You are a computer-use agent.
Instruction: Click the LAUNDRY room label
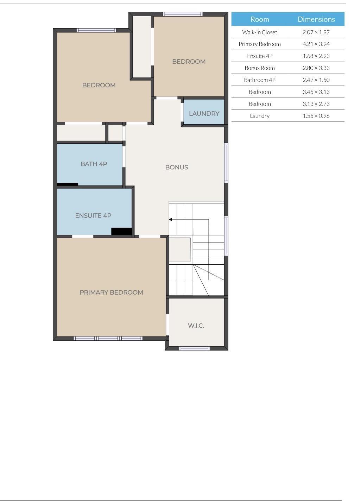click(x=204, y=113)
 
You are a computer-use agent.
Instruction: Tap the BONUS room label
click(x=176, y=167)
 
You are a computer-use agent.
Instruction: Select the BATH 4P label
click(x=94, y=164)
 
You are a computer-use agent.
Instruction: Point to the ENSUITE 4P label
click(x=93, y=215)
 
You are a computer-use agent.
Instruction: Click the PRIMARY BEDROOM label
click(x=111, y=292)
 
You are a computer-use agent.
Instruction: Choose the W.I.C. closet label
click(x=196, y=326)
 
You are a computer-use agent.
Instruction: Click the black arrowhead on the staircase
click(x=170, y=220)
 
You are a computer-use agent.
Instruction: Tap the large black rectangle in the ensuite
click(x=121, y=231)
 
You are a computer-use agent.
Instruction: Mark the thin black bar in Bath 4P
click(x=68, y=184)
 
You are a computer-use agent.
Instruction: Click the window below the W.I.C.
click(x=194, y=348)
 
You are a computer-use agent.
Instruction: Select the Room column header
click(x=259, y=19)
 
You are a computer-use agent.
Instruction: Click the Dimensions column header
click(x=316, y=19)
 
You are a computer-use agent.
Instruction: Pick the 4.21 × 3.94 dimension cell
click(x=316, y=44)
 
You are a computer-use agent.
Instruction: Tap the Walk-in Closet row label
click(x=259, y=32)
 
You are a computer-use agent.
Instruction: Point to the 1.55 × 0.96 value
click(x=316, y=116)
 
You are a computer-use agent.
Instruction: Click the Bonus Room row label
click(x=259, y=68)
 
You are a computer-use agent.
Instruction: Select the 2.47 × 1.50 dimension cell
click(x=316, y=80)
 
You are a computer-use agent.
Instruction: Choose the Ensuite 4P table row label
click(x=259, y=56)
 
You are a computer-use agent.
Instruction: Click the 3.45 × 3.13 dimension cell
click(x=316, y=92)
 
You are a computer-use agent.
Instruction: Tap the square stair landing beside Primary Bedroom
click(x=179, y=250)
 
